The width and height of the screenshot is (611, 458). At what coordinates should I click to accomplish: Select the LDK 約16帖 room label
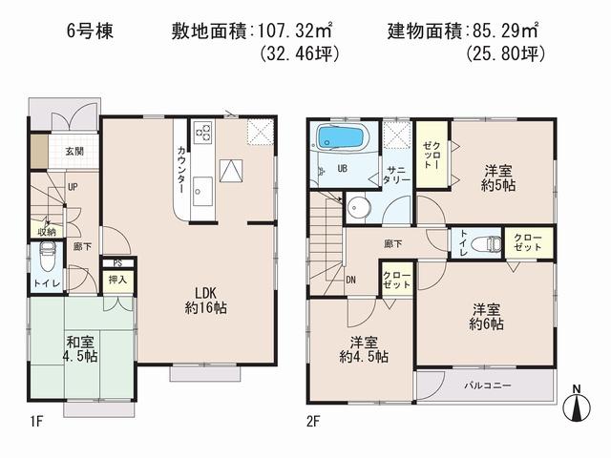click(205, 300)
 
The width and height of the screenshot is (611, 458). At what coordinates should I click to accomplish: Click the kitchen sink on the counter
click(202, 187)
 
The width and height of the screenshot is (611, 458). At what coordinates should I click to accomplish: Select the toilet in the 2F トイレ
click(489, 243)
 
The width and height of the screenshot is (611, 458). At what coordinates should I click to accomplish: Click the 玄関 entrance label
click(74, 151)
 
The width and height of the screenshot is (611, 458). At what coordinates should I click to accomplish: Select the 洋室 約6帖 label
click(486, 316)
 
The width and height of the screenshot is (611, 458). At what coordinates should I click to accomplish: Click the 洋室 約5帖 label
click(499, 177)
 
